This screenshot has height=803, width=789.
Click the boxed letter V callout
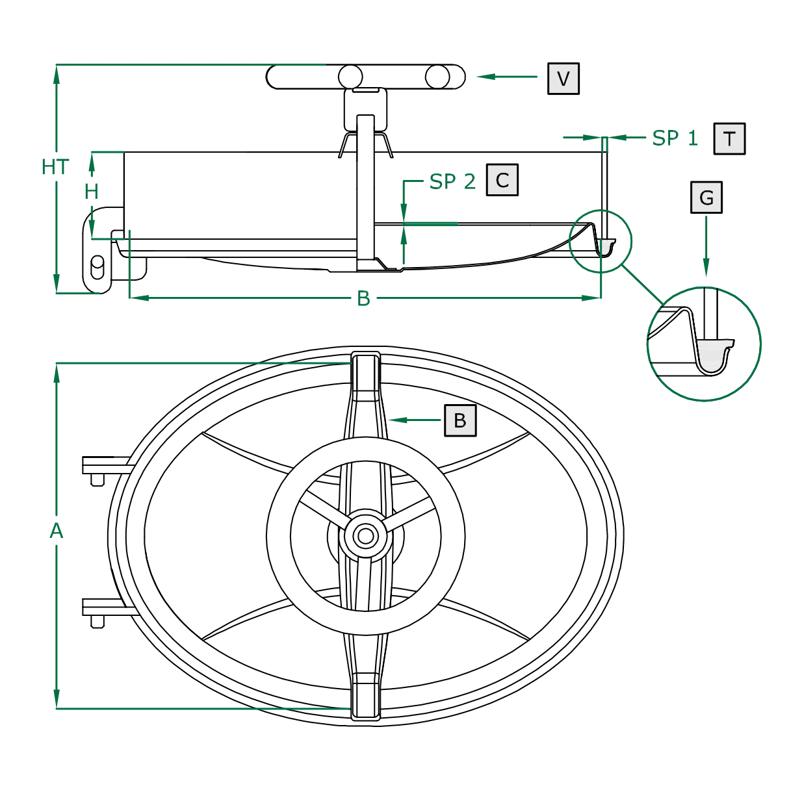pyautogui.click(x=563, y=79)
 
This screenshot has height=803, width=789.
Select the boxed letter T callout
pyautogui.click(x=729, y=138)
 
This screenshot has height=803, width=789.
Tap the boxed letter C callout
pyautogui.click(x=502, y=180)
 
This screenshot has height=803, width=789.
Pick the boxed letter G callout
pyautogui.click(x=706, y=198)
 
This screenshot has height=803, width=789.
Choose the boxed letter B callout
pyautogui.click(x=460, y=420)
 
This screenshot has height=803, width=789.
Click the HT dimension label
pyautogui.click(x=55, y=167)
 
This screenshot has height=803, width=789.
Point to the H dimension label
pyautogui.click(x=92, y=192)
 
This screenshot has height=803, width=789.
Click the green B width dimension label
pyautogui.click(x=363, y=298)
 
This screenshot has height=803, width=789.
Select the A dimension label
pyautogui.click(x=57, y=531)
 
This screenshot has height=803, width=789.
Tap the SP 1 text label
pyautogui.click(x=675, y=138)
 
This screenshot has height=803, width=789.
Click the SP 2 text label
pyautogui.click(x=452, y=182)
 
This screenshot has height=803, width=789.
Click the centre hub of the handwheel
pyautogui.click(x=366, y=536)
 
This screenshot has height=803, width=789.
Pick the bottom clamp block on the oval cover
pyautogui.click(x=366, y=698)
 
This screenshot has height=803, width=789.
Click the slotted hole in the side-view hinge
pyautogui.click(x=97, y=266)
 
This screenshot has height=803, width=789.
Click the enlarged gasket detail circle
pyautogui.click(x=704, y=344)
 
